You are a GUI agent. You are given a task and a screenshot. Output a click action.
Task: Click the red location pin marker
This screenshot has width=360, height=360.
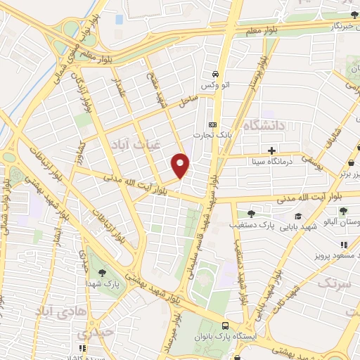click(x=181, y=165)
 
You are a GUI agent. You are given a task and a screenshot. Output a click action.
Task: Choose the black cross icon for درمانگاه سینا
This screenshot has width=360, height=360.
click(x=271, y=150)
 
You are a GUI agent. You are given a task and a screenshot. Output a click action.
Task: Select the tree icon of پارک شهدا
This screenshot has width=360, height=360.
click(x=103, y=273)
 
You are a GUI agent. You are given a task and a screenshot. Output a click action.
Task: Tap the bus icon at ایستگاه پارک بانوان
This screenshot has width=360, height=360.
click(x=225, y=326)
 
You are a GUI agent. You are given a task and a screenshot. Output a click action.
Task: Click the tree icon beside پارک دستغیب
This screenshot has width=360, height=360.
click(x=252, y=214)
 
